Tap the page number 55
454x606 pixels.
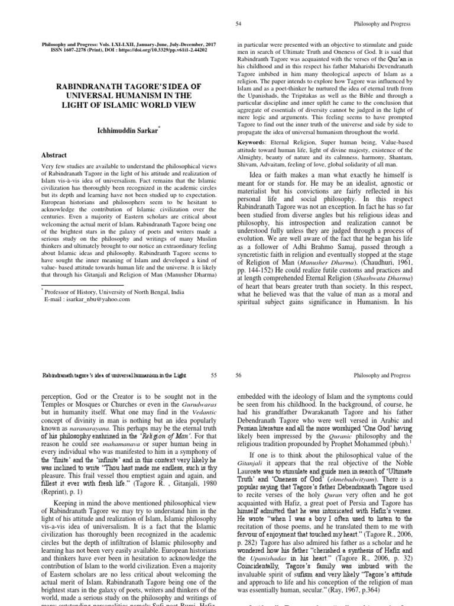(x=214, y=375)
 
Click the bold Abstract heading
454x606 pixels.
(x=53, y=155)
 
